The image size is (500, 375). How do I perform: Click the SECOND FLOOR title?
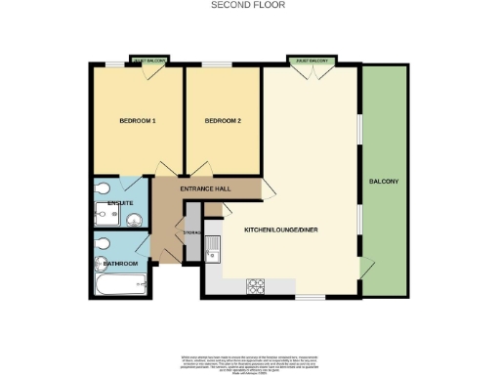(x=249, y=5)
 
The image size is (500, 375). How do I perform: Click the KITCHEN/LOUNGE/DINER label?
(x=281, y=230)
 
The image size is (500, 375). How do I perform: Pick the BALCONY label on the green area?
(x=383, y=182)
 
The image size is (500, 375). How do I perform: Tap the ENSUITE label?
(x=120, y=203)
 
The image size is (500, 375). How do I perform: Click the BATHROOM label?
(x=121, y=263)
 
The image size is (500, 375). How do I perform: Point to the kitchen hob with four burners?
(x=258, y=285)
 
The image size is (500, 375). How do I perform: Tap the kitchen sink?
(x=214, y=252)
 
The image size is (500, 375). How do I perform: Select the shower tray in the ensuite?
(x=105, y=187)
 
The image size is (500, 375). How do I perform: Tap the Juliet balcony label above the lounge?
(x=312, y=61)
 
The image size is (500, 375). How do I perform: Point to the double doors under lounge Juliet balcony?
(x=312, y=71)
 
